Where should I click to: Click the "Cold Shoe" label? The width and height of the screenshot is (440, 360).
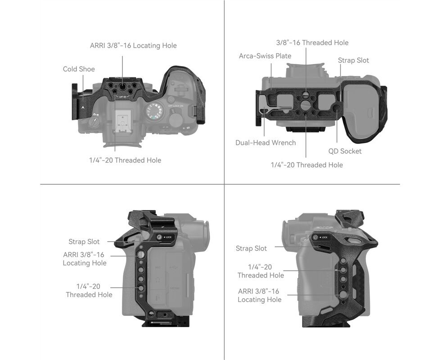pyautogui.click(x=79, y=69)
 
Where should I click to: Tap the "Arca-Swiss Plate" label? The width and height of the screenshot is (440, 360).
pyautogui.click(x=265, y=56)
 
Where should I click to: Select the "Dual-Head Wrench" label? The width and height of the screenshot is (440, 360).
pyautogui.click(x=265, y=143)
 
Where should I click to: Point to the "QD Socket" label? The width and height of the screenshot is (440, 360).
pyautogui.click(x=345, y=151)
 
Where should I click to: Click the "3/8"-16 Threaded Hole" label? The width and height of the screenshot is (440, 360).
pyautogui.click(x=312, y=43)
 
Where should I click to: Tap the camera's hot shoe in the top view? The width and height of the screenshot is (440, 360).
pyautogui.click(x=123, y=121)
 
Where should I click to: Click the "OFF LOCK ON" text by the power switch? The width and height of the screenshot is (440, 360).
pyautogui.click(x=175, y=106)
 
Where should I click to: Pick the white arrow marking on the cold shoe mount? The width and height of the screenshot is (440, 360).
pyautogui.click(x=83, y=107)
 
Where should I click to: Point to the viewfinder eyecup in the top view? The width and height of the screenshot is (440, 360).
pyautogui.click(x=122, y=142)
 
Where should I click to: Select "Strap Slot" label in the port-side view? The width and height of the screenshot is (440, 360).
pyautogui.click(x=84, y=242)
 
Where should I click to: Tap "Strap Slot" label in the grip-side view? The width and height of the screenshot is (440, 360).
pyautogui.click(x=251, y=248)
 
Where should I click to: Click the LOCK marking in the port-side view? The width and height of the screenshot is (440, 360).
pyautogui.click(x=167, y=237)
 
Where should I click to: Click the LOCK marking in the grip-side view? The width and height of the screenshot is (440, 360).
pyautogui.click(x=323, y=238)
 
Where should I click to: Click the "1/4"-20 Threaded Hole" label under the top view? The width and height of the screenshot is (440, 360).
pyautogui.click(x=125, y=160)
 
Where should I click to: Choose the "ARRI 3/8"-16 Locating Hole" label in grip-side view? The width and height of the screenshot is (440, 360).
pyautogui.click(x=259, y=296)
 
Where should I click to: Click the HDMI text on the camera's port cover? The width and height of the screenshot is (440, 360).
pyautogui.click(x=174, y=288)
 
